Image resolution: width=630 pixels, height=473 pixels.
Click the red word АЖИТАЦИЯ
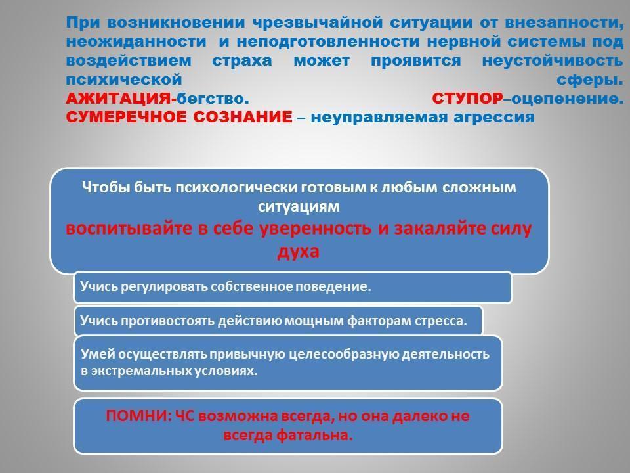tap(118, 98)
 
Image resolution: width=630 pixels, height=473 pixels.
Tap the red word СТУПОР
tap(467, 98)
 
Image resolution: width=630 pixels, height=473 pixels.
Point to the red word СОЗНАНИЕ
tap(243, 117)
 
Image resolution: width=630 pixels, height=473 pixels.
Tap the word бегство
tap(213, 99)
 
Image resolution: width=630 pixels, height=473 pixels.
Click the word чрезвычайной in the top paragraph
tap(318, 23)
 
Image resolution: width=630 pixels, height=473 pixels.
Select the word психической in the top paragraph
tap(124, 79)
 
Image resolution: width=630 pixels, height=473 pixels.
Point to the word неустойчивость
tap(553, 60)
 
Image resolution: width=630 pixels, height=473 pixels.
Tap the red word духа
tap(298, 252)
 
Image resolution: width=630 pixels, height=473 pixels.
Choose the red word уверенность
tap(315, 229)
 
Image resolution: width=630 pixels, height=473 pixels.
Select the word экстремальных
tap(140, 371)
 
